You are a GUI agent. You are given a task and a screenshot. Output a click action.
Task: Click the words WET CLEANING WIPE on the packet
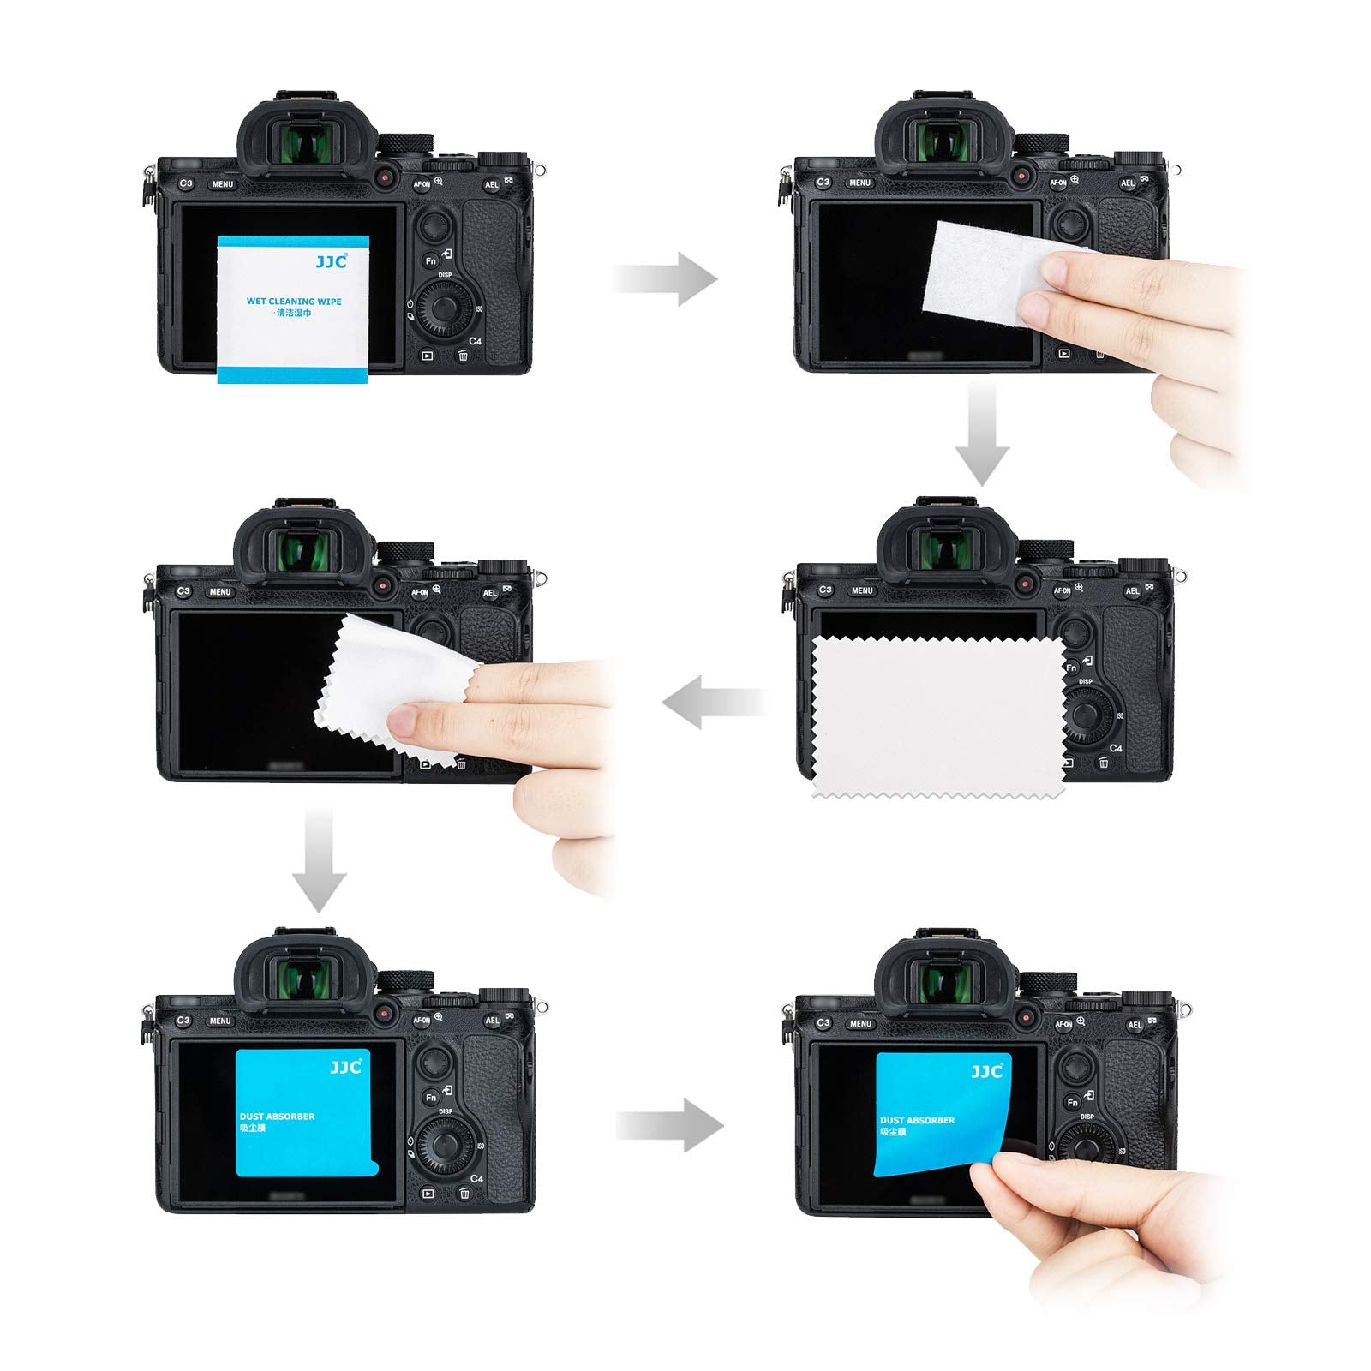[x=294, y=302]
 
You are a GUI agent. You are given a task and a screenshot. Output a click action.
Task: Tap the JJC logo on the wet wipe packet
[x=331, y=261]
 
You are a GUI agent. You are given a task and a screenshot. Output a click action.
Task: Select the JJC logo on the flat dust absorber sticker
[x=346, y=1067]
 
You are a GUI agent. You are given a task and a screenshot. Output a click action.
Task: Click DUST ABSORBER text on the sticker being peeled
[x=917, y=1120]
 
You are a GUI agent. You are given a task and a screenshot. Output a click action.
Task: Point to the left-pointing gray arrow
[x=713, y=702]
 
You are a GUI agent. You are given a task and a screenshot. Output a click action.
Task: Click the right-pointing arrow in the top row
[x=666, y=278]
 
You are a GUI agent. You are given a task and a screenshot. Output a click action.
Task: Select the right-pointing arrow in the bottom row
[x=670, y=1125]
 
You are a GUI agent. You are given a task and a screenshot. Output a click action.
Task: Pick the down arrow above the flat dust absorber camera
[x=319, y=858]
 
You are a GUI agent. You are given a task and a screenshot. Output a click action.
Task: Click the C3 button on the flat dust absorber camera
[x=183, y=1021]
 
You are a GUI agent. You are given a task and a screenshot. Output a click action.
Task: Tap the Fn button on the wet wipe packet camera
[x=431, y=261]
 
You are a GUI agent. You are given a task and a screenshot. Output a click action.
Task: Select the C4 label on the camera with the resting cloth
[x=1116, y=748]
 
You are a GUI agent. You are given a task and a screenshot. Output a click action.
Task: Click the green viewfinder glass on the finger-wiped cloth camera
[x=301, y=548]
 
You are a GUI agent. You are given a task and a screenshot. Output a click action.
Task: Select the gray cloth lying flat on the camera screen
[x=937, y=720]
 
